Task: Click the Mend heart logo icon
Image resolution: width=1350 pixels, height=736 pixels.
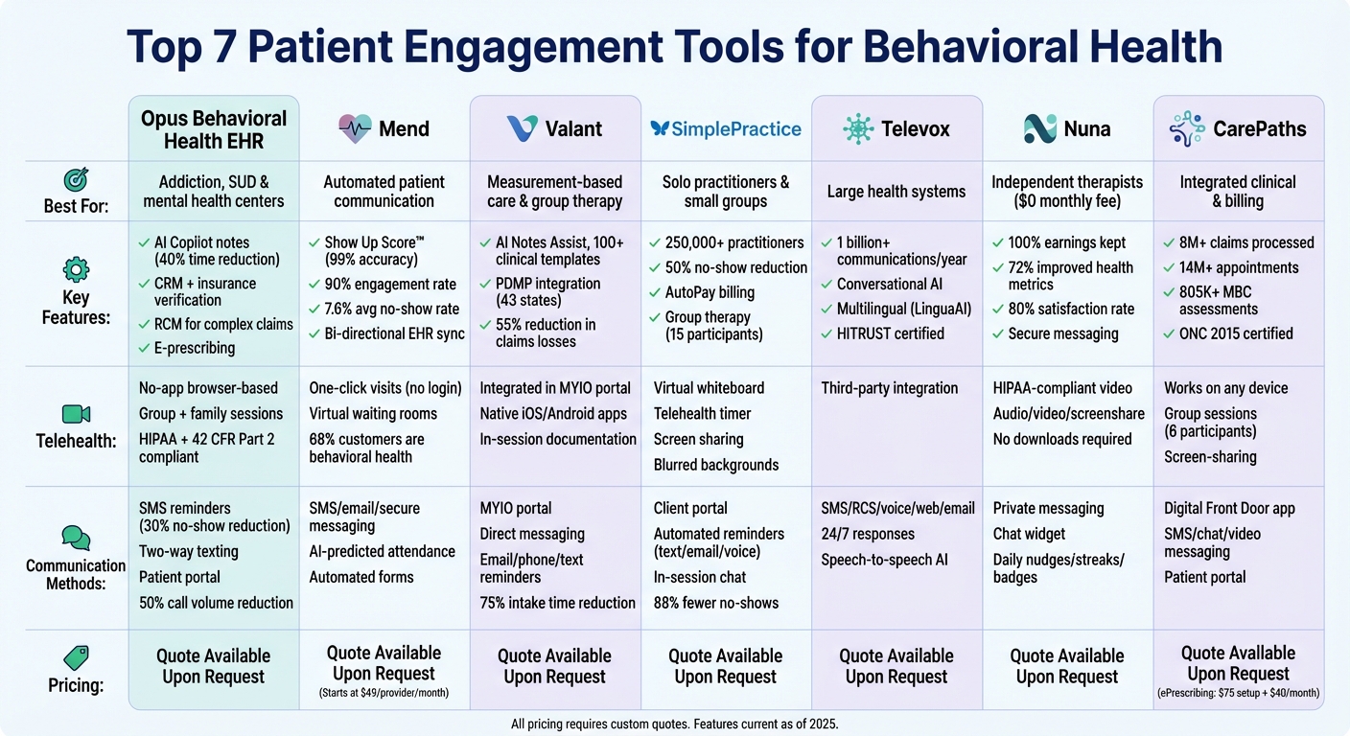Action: point(355,128)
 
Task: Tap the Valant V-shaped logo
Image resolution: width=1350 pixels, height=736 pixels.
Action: point(522,128)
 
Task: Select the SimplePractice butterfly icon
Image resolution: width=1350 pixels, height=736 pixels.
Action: point(660,128)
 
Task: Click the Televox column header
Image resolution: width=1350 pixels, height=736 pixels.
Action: point(896,128)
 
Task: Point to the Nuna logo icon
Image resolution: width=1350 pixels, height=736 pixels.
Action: point(1040,128)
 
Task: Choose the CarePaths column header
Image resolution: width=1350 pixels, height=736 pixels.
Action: point(1238,128)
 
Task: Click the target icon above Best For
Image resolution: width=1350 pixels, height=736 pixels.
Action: point(76,179)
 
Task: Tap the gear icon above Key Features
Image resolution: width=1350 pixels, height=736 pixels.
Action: point(76,270)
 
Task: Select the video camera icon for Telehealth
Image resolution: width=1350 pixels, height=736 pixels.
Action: point(76,414)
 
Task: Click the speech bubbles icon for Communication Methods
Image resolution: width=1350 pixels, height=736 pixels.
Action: point(76,538)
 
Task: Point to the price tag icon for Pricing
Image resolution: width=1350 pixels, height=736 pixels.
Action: point(76,657)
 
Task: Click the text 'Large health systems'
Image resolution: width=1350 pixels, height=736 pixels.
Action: point(896,192)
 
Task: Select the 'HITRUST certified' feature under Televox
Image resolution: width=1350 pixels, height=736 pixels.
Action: point(890,333)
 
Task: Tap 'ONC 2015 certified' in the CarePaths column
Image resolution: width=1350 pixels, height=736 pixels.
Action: point(1236,333)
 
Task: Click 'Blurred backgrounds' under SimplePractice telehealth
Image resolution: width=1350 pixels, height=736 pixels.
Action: point(716,465)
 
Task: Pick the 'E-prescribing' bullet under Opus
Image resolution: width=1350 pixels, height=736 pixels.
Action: point(194,348)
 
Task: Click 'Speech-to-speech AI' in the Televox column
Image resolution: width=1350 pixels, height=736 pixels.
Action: point(884,560)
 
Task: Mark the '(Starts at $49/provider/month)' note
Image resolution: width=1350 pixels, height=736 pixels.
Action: point(384,693)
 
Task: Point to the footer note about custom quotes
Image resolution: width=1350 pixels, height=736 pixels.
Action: point(674,724)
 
